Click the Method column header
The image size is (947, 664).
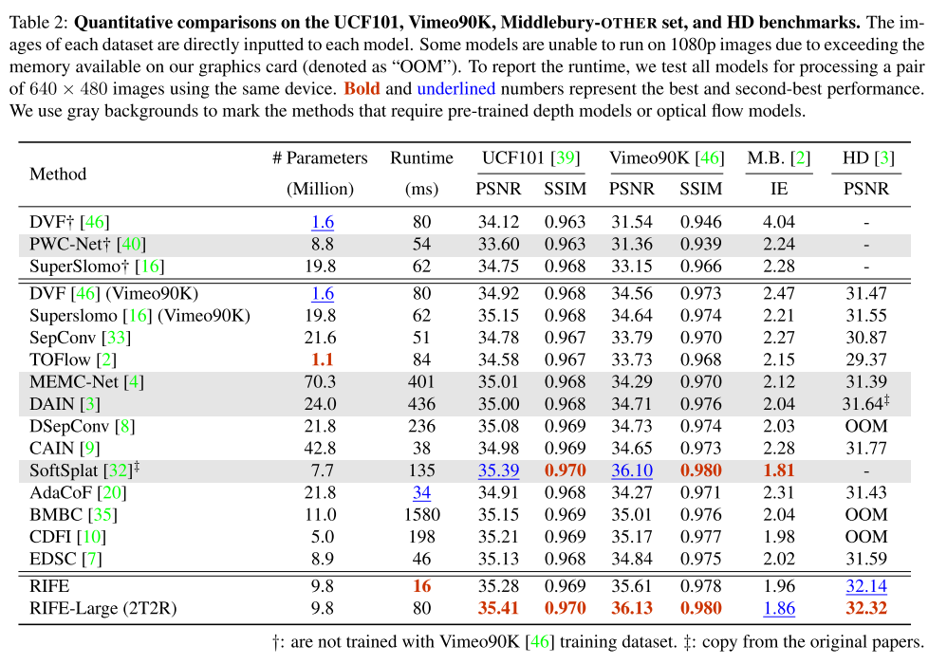(58, 174)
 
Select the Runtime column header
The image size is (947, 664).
(421, 158)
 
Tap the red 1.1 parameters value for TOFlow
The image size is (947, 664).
(323, 360)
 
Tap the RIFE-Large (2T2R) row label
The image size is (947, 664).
(103, 608)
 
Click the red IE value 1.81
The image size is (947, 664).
(778, 470)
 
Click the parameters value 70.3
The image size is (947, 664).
(323, 382)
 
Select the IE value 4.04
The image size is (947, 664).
(778, 222)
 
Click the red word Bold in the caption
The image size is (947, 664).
(362, 88)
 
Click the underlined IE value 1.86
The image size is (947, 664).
(778, 608)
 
